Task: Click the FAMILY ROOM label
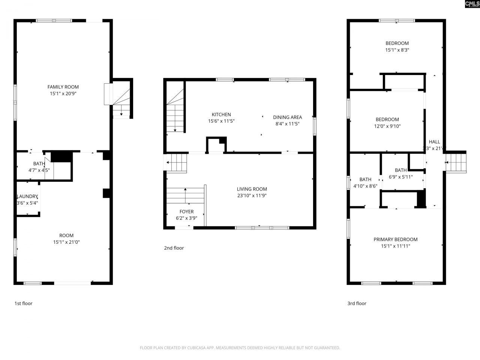[63, 87]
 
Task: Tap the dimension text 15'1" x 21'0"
[66, 242]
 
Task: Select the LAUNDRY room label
[27, 196]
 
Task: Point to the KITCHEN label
[221, 115]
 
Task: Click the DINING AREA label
[287, 117]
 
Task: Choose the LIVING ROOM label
[252, 189]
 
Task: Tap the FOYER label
[186, 211]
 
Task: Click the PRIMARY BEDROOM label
[395, 240]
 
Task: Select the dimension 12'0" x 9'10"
[387, 126]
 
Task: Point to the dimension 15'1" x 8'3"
[397, 50]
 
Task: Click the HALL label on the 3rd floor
[434, 142]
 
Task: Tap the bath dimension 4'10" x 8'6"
[365, 186]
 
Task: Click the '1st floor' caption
[24, 303]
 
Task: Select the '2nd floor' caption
[174, 248]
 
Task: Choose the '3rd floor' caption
[357, 303]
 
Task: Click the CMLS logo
[472, 4]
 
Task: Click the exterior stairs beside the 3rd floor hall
[456, 162]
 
